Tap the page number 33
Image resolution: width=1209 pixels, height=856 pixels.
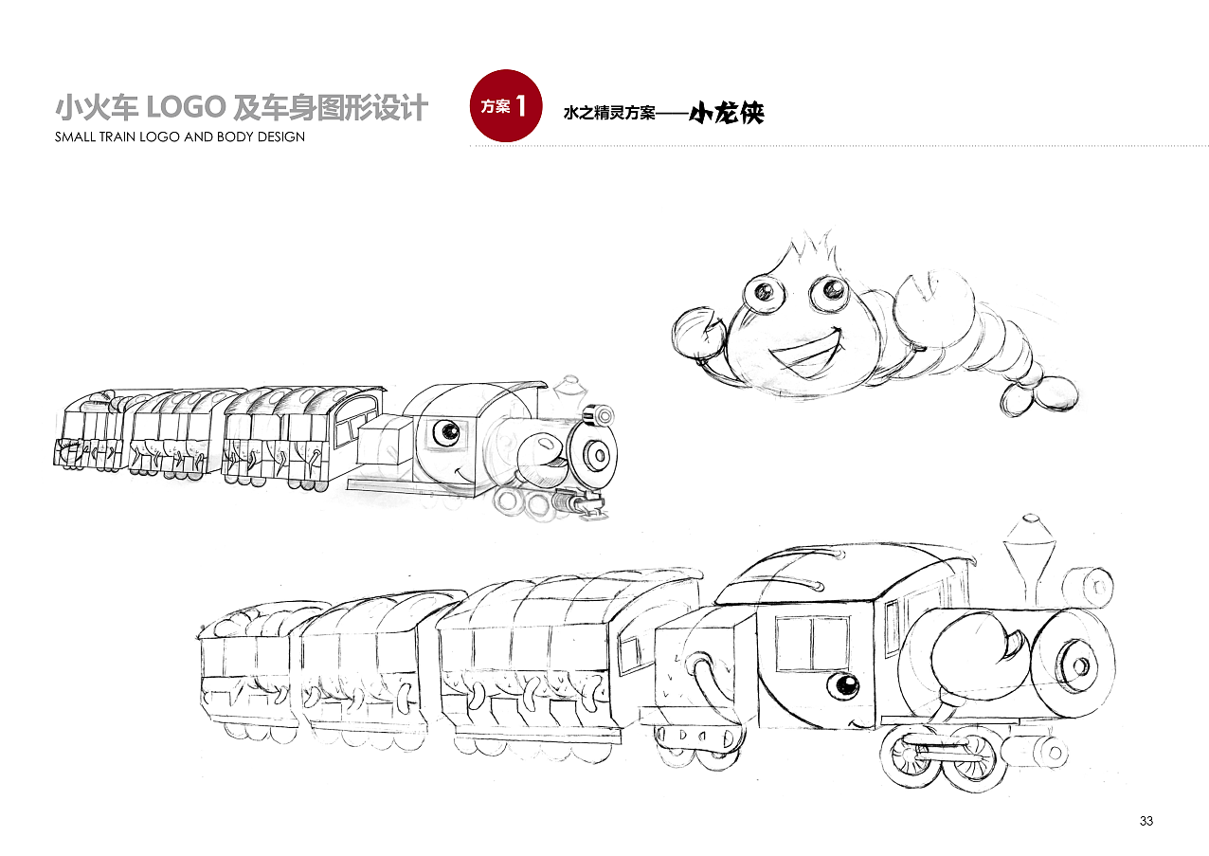1146,821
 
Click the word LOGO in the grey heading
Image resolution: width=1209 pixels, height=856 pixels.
185,108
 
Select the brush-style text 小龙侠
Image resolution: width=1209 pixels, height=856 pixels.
726,114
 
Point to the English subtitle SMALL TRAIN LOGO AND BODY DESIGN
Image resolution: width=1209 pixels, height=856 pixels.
180,137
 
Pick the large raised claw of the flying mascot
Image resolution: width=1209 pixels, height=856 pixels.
936,299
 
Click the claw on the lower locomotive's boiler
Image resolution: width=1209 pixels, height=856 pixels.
976,651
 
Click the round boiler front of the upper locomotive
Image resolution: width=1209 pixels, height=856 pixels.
596,454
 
